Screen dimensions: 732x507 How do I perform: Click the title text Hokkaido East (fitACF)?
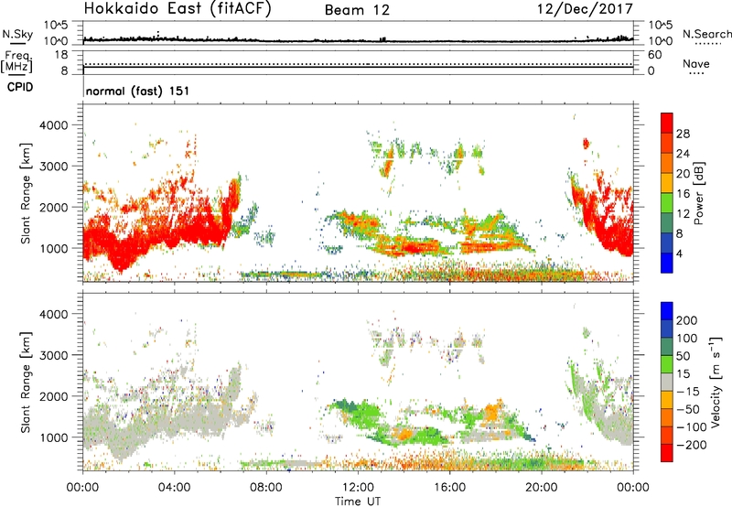(x=178, y=8)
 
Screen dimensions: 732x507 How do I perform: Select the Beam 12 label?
(x=357, y=10)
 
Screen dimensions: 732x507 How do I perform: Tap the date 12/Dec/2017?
(x=585, y=9)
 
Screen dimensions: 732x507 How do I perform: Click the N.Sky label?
(x=17, y=34)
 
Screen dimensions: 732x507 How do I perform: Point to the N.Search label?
(x=706, y=34)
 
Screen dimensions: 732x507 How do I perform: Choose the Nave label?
(x=696, y=63)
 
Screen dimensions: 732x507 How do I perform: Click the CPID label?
(x=20, y=87)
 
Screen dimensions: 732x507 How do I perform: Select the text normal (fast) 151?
(x=138, y=91)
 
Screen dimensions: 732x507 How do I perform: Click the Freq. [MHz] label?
(x=17, y=61)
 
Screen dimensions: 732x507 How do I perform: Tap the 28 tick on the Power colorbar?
(x=683, y=134)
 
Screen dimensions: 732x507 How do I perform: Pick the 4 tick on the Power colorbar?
(x=680, y=254)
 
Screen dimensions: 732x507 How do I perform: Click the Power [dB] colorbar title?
(x=698, y=193)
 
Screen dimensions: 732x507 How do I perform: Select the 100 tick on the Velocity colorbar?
(x=687, y=338)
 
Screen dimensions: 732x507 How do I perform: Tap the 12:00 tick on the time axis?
(x=358, y=488)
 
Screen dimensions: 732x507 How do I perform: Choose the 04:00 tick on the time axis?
(x=175, y=488)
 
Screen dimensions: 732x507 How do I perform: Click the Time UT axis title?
(x=358, y=502)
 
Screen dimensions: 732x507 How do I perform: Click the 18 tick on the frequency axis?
(x=61, y=55)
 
